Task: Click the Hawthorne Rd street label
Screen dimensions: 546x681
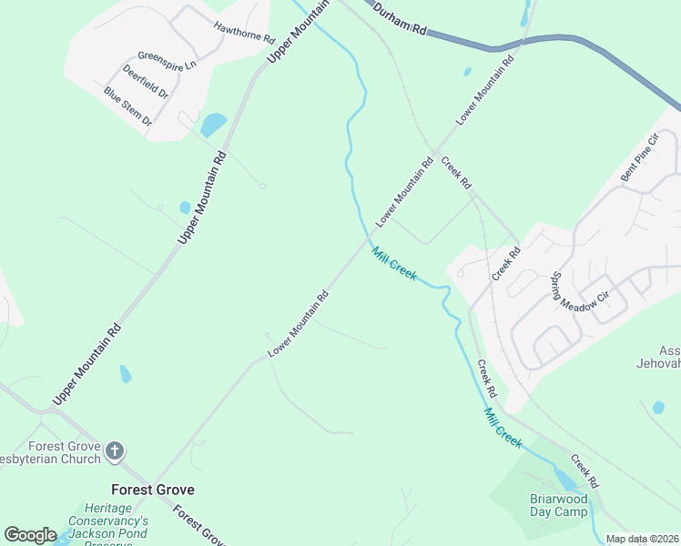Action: pos(244,34)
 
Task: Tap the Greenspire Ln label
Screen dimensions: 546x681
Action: pos(167,60)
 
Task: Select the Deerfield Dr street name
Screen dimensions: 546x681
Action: pos(146,81)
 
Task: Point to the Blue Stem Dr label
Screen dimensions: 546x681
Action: pos(127,105)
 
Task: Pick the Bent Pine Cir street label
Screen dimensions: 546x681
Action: pos(638,158)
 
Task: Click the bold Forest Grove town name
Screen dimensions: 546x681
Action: pos(152,490)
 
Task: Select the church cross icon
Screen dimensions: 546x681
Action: pos(115,450)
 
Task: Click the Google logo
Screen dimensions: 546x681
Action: pos(31,535)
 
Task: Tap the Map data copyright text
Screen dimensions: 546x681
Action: pos(643,539)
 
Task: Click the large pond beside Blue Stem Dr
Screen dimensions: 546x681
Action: pos(213,124)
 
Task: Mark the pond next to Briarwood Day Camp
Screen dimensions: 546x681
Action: pos(565,480)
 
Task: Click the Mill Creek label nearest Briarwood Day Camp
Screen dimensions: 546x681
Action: pos(503,427)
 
